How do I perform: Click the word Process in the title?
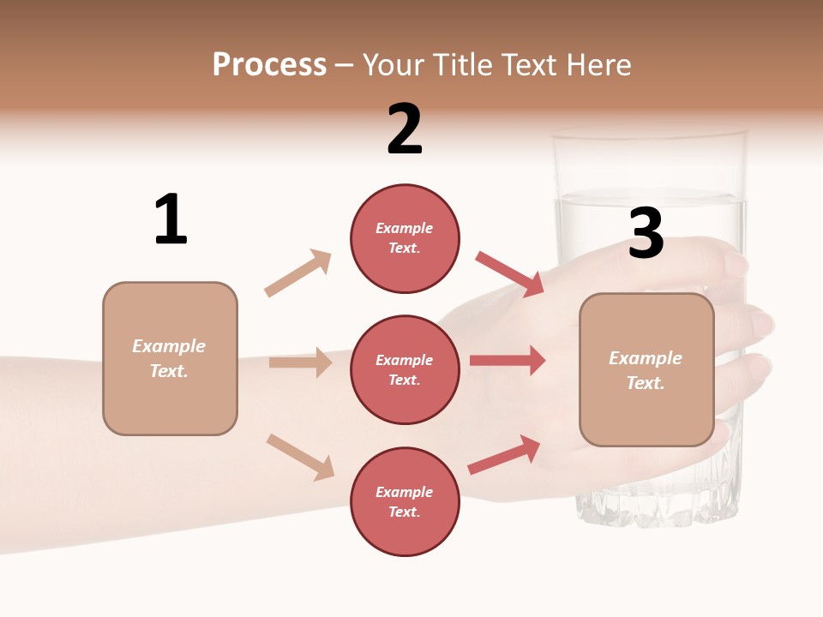[269, 65]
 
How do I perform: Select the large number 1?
[171, 219]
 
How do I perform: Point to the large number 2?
[405, 129]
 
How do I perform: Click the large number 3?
[646, 234]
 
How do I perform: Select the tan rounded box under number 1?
[170, 358]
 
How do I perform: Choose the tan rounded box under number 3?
[646, 370]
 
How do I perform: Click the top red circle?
[405, 238]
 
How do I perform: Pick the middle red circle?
[405, 370]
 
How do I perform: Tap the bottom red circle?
[405, 502]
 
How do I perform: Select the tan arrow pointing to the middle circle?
[300, 362]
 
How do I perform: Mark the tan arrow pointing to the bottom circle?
[300, 457]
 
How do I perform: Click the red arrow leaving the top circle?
[510, 273]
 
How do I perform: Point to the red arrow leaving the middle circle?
[508, 361]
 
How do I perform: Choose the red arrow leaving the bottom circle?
[504, 454]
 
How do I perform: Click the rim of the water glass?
[648, 134]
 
